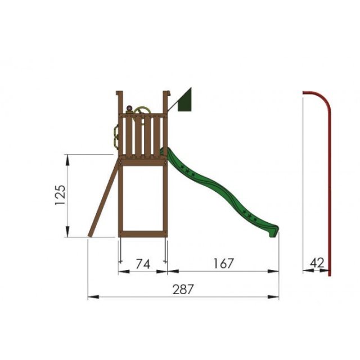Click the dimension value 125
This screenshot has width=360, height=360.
pos(60,195)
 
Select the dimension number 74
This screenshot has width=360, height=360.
pos(143,264)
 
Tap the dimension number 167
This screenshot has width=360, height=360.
pos(223,263)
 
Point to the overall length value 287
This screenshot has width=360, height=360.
pos(183,289)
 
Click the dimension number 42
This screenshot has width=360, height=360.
pos(317,263)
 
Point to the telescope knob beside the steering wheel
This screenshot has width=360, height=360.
pos(129,109)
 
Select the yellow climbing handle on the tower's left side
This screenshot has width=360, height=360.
pos(116,137)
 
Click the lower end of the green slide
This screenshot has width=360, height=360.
pos(273,231)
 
